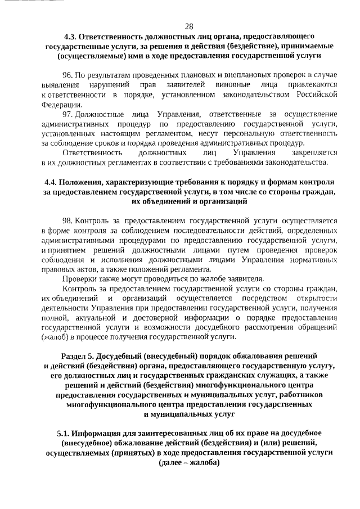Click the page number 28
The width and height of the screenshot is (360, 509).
(188, 26)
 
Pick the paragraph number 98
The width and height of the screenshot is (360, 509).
(68, 221)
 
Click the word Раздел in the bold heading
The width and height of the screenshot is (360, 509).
(73, 356)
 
